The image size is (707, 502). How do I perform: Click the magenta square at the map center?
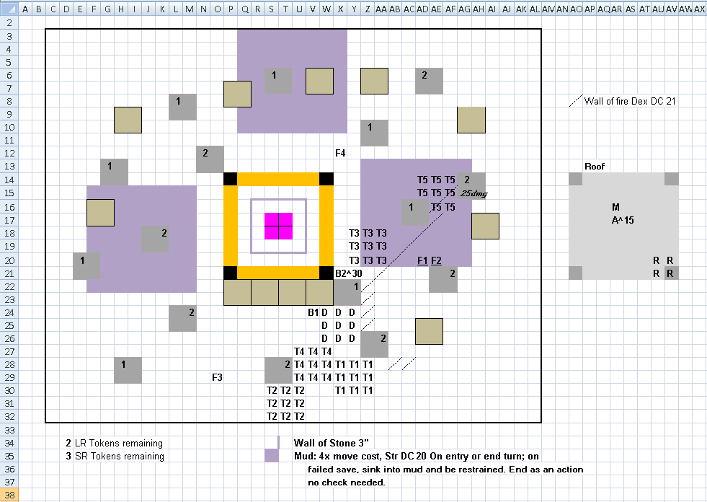pos(279,226)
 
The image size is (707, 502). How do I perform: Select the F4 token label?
pos(340,154)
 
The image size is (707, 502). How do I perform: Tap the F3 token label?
pos(218,377)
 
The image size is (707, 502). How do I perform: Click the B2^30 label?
pos(349,273)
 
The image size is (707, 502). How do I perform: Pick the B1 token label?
pos(314,312)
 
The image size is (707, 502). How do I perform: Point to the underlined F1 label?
pos(422,260)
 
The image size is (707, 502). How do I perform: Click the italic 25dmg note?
pos(474,194)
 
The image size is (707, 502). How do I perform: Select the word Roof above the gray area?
pos(595,167)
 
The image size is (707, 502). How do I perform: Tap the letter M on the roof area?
pos(616,207)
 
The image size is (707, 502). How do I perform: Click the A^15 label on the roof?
pos(623,220)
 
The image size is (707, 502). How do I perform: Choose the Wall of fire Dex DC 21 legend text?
pos(630,101)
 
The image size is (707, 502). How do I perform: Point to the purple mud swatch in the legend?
pos(272,456)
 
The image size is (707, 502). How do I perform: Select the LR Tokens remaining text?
pos(119,444)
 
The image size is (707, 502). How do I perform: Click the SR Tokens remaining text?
pos(120,457)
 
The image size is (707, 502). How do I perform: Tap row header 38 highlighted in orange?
pos(9,496)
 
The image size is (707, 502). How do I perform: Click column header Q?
pos(244,9)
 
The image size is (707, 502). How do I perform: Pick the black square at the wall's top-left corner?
pos(231,179)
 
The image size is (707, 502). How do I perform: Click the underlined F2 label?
pos(437,260)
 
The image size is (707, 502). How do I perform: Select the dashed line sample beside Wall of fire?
pos(576,101)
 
